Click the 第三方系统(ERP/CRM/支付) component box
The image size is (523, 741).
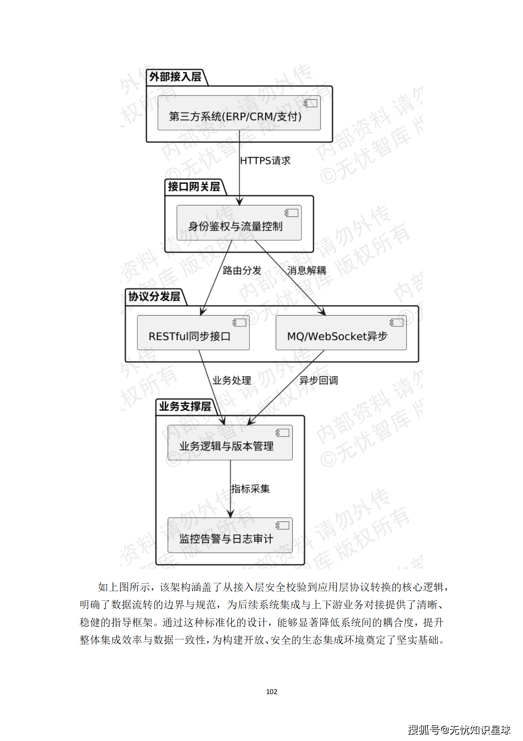[x=239, y=113]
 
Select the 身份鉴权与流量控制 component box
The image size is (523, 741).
[x=239, y=223]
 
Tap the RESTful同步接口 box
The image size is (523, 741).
[x=193, y=333]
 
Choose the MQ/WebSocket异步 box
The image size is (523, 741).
[x=341, y=333]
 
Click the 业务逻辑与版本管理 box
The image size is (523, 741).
[x=230, y=443]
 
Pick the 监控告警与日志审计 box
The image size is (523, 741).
[x=230, y=535]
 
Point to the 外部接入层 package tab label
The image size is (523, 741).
[x=175, y=77]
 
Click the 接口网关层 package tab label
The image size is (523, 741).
[x=194, y=187]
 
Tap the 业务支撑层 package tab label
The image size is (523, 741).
[x=185, y=406]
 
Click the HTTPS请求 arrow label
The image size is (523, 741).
[x=265, y=161]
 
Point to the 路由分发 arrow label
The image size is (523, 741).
[x=242, y=271]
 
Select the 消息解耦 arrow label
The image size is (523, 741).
[x=306, y=271]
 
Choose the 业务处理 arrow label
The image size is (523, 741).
[x=231, y=381]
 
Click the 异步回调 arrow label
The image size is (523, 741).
[x=318, y=381]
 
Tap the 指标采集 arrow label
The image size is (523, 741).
[x=250, y=489]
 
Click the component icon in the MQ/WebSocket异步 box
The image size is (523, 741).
[x=396, y=322]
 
